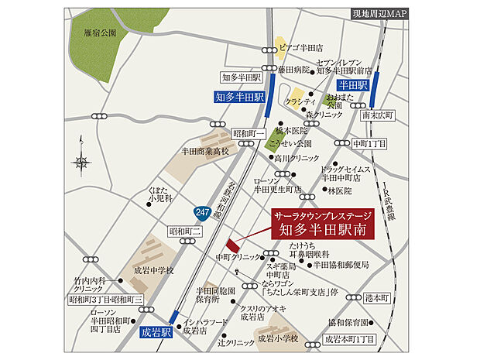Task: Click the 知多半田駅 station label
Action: [239, 98]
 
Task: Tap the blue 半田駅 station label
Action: [352, 84]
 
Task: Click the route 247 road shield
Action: [201, 211]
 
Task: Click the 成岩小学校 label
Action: [277, 338]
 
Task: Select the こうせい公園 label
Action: [300, 143]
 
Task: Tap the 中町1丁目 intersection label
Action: [370, 143]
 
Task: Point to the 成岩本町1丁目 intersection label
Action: [349, 339]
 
